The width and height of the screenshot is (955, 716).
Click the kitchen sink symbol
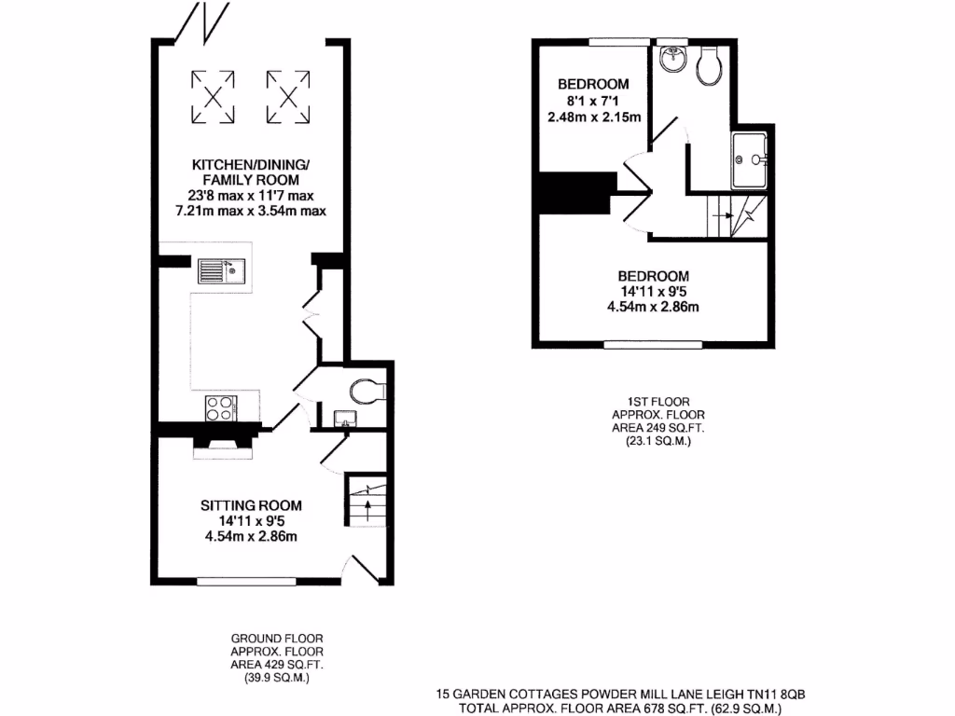[x=220, y=272]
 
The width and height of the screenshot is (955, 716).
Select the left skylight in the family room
[x=214, y=96]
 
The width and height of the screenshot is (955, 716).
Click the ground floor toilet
[x=366, y=389]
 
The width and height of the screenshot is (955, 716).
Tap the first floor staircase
[x=735, y=217]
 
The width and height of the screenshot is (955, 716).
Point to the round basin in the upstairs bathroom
[x=671, y=61]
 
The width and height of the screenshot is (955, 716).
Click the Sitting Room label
[x=251, y=505]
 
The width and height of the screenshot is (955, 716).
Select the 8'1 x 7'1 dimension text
[x=593, y=101]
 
